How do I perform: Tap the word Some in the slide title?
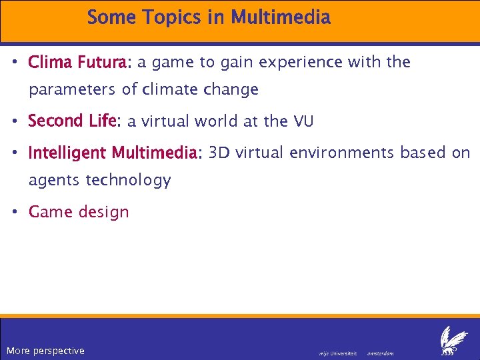click(x=110, y=17)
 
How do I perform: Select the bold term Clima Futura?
click(x=79, y=63)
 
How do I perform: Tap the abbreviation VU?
click(x=302, y=121)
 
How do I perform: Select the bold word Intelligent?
click(x=67, y=153)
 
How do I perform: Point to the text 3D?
click(x=219, y=153)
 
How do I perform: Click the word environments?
click(x=342, y=153)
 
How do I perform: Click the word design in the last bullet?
click(x=103, y=212)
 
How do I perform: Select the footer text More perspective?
click(x=45, y=351)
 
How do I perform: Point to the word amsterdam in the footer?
click(x=381, y=353)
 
